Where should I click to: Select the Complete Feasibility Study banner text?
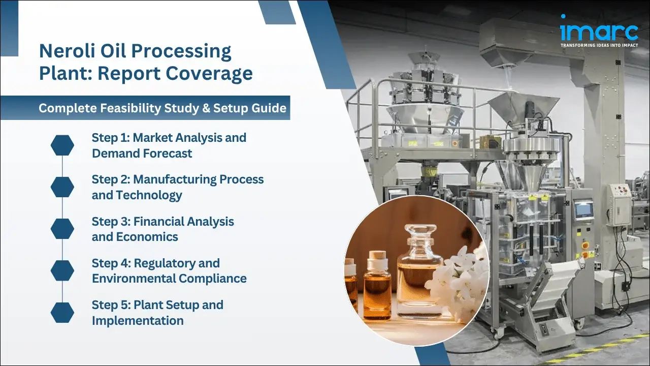pyautogui.click(x=162, y=108)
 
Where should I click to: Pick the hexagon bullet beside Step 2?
pyautogui.click(x=62, y=187)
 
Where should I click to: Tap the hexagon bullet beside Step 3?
pyautogui.click(x=62, y=229)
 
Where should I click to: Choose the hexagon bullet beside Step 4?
pyautogui.click(x=62, y=270)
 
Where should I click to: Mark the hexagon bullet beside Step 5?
pyautogui.click(x=62, y=312)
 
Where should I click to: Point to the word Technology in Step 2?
pyautogui.click(x=149, y=195)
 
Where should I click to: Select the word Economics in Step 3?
pyautogui.click(x=147, y=237)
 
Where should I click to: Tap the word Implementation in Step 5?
pyautogui.click(x=138, y=321)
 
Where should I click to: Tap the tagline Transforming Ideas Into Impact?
pyautogui.click(x=599, y=45)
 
